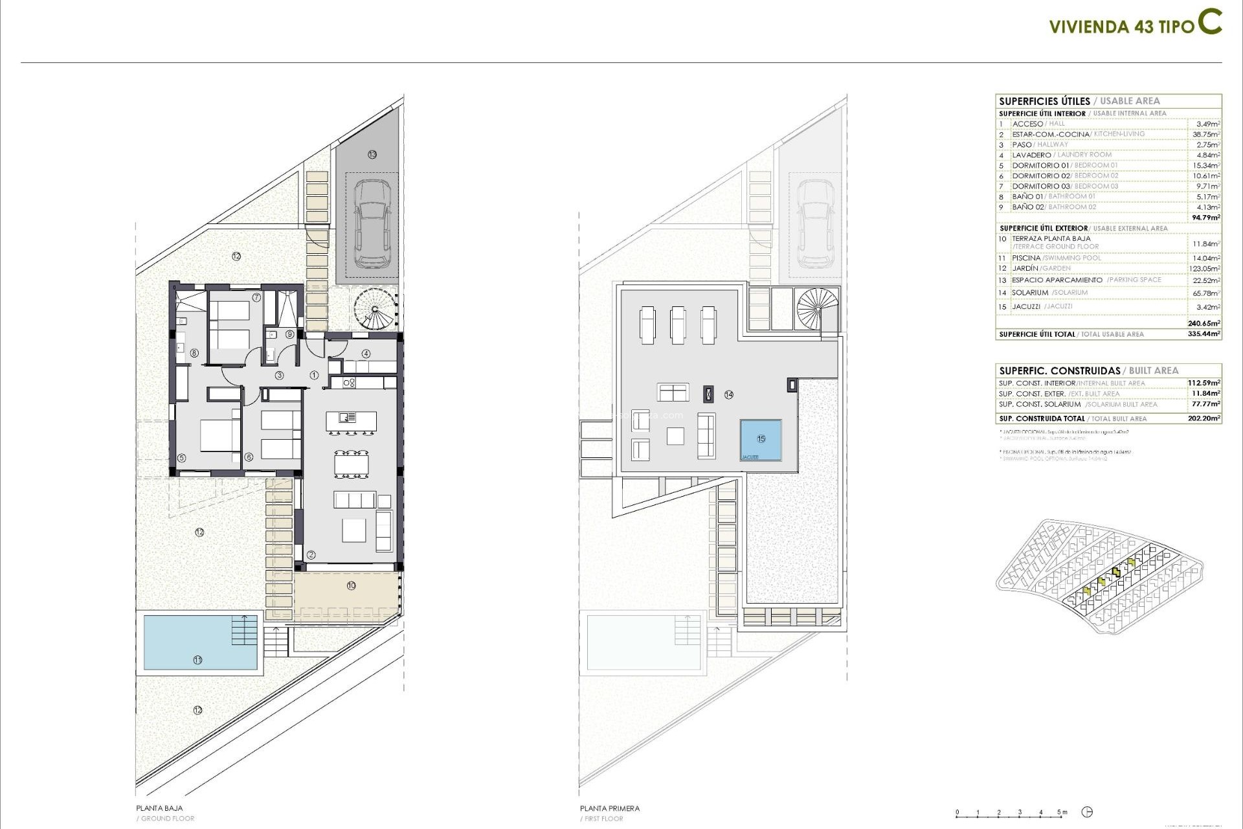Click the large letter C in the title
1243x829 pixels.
point(1209,21)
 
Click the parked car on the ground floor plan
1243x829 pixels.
point(372,223)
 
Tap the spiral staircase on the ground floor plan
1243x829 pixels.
point(375,309)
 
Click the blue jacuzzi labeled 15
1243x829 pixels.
point(761,440)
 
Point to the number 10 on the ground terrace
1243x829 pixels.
point(351,585)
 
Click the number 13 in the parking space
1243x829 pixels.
point(372,154)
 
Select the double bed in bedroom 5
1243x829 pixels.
point(219,435)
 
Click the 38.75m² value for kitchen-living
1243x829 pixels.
point(1207,134)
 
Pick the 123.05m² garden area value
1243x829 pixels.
point(1206,268)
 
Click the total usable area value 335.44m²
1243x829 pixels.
point(1206,334)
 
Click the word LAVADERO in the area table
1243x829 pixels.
point(1032,155)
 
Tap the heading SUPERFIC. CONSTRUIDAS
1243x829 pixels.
point(1059,370)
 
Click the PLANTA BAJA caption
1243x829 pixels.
point(159,808)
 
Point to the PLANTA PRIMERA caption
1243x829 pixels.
point(609,808)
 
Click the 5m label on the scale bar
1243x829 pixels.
point(1062,812)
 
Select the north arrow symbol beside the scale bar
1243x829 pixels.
point(1088,812)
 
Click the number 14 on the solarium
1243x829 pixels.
point(729,394)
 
